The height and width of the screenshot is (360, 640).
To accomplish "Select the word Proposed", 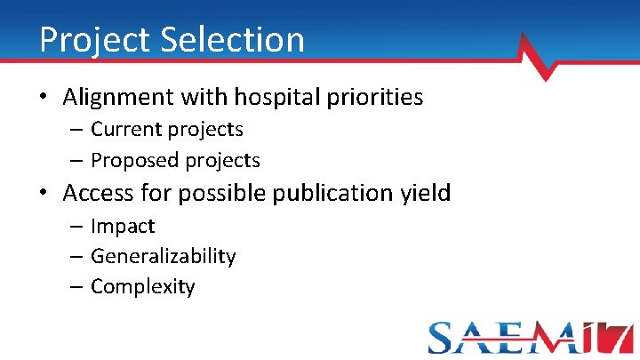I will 135,160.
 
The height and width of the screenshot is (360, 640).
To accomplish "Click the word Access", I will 105,192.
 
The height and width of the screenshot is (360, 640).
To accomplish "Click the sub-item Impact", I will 123,227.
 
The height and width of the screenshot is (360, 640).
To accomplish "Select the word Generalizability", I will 164,257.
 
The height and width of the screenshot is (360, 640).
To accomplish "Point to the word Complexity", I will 143,287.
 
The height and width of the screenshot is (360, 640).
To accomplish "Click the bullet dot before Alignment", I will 44,98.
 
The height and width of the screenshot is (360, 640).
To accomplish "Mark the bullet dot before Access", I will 44,193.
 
